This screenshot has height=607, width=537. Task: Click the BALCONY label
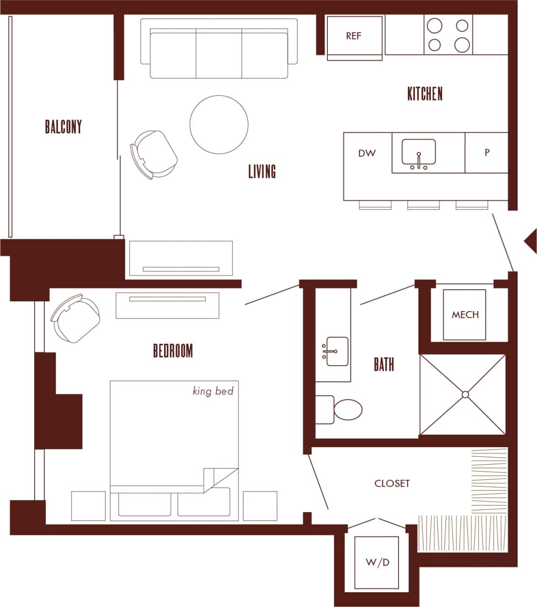pyautogui.click(x=63, y=127)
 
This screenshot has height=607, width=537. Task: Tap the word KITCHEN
pyautogui.click(x=425, y=93)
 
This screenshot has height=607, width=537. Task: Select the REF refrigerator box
pyautogui.click(x=354, y=36)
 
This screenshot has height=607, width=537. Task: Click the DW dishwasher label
pyautogui.click(x=367, y=153)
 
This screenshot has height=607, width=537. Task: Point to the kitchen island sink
pyautogui.click(x=418, y=153)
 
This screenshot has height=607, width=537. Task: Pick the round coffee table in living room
pyautogui.click(x=219, y=124)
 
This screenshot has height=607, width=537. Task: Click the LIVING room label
pyautogui.click(x=262, y=171)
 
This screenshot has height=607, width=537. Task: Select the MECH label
pyautogui.click(x=465, y=314)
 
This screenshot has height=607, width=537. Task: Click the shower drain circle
pyautogui.click(x=465, y=395)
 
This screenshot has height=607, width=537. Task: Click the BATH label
pyautogui.click(x=384, y=364)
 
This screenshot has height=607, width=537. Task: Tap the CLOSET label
pyautogui.click(x=392, y=483)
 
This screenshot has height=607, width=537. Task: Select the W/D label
pyautogui.click(x=378, y=562)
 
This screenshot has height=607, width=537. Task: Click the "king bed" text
pyautogui.click(x=213, y=391)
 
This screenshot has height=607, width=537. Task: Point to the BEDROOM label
pyautogui.click(x=173, y=351)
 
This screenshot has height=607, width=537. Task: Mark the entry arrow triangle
pyautogui.click(x=530, y=241)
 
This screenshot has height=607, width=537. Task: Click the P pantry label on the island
pyautogui.click(x=487, y=153)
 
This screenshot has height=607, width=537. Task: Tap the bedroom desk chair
pyautogui.click(x=76, y=318)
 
